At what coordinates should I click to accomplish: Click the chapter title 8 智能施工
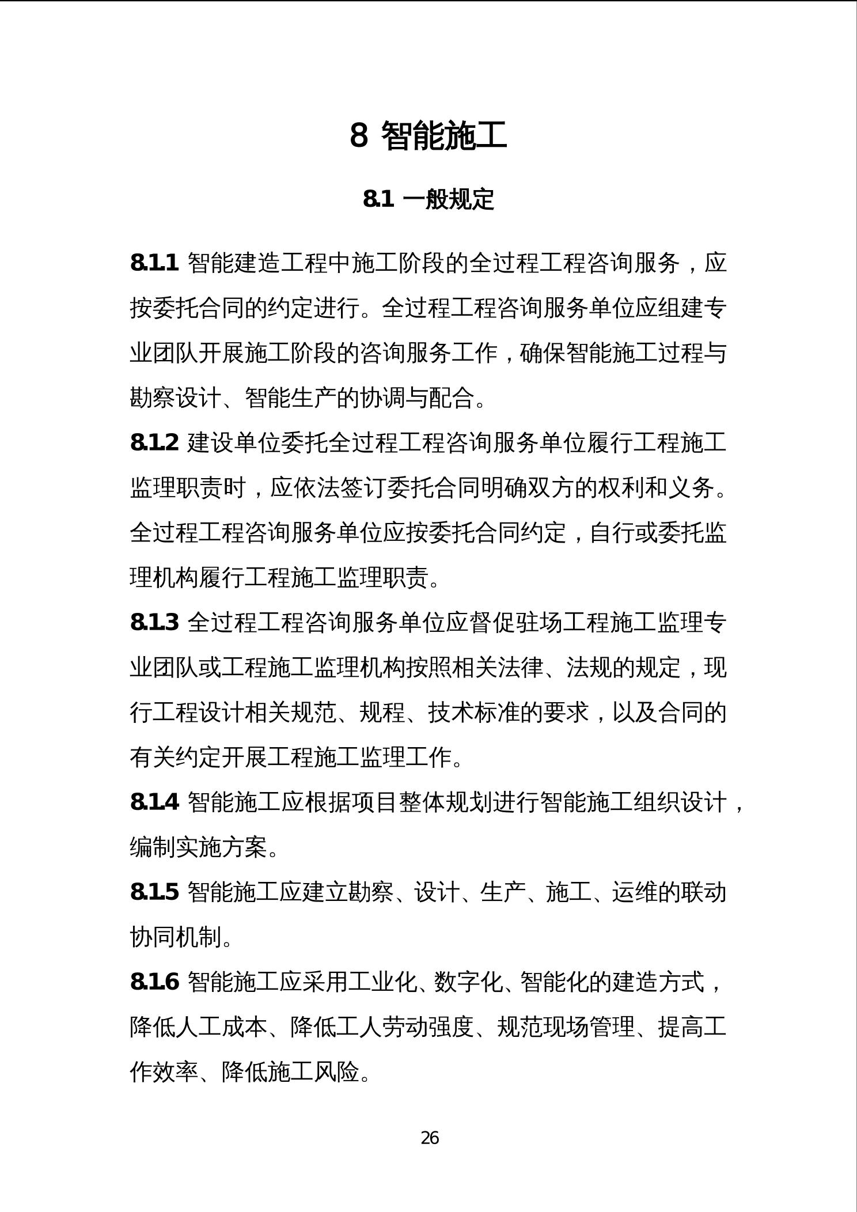coord(428,136)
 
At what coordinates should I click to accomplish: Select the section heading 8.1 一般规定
coord(428,199)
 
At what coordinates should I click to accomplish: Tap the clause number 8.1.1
coord(154,263)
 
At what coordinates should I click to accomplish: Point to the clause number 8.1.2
coord(154,443)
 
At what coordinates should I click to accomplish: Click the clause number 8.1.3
coord(154,623)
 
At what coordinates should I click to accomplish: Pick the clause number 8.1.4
coord(154,802)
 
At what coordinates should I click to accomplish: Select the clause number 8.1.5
coord(154,892)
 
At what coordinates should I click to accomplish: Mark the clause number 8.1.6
coord(154,982)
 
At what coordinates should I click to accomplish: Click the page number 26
coord(430,1138)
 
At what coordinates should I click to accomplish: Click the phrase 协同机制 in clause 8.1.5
coord(176,937)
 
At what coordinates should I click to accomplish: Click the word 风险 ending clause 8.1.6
coord(336,1072)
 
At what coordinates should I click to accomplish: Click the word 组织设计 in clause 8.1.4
coord(680,802)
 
